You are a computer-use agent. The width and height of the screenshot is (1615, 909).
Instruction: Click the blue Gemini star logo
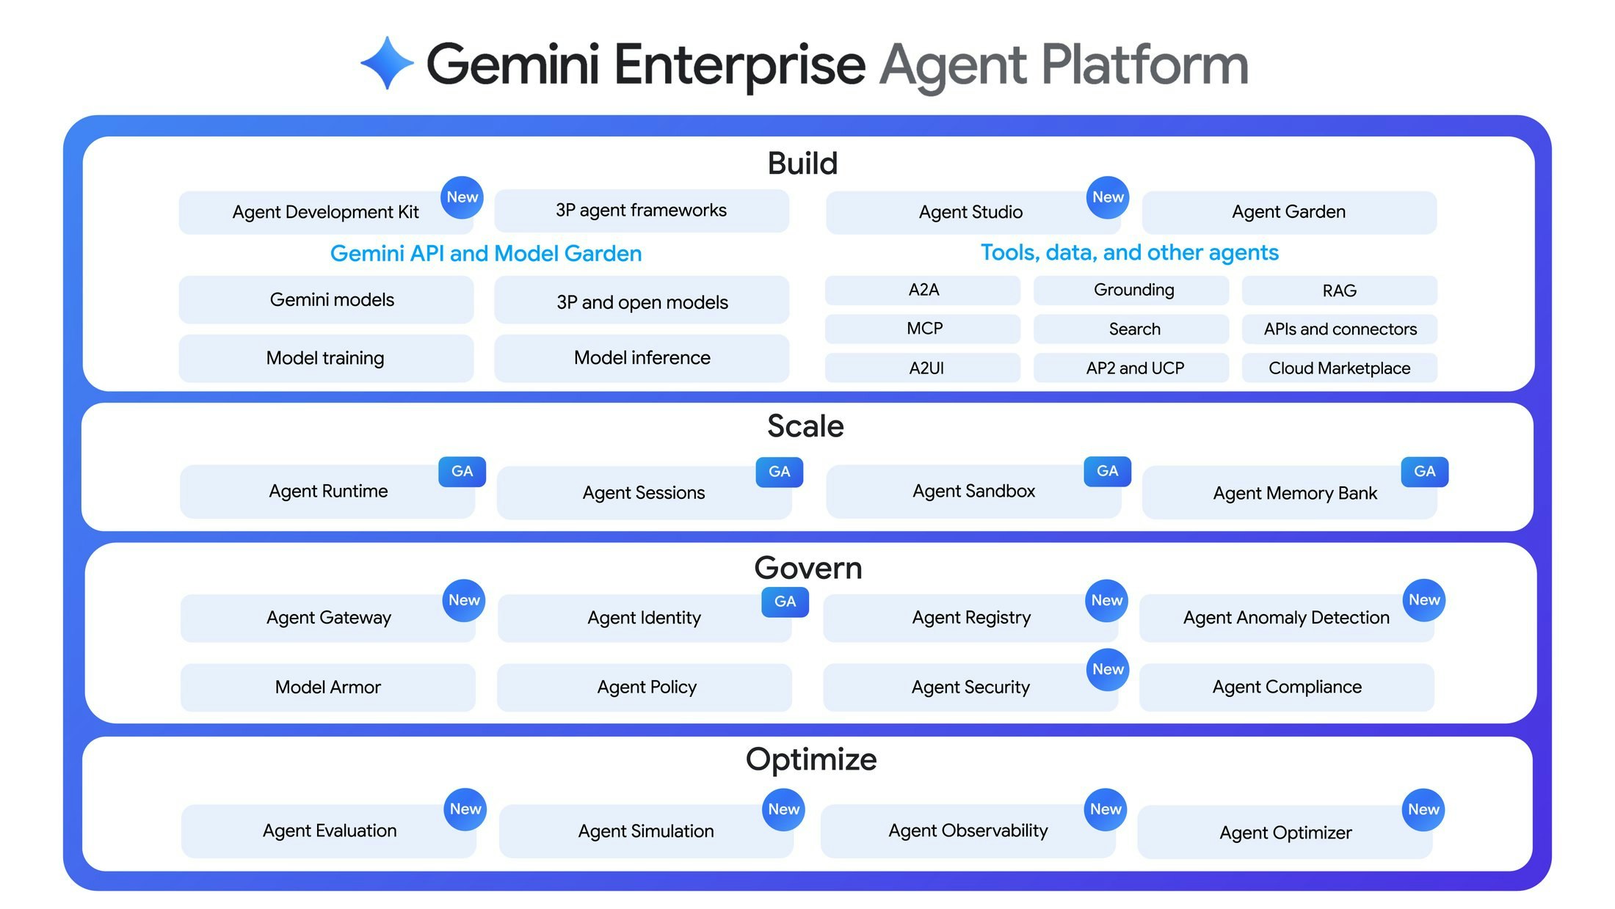pyautogui.click(x=387, y=63)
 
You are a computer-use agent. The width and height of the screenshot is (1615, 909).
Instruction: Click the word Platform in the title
pyautogui.click(x=1144, y=65)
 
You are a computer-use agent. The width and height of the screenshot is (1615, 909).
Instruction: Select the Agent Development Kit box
pyautogui.click(x=325, y=213)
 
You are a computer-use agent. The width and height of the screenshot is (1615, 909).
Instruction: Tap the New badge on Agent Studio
pyautogui.click(x=1107, y=197)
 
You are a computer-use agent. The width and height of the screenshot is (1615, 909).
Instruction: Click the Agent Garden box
pyautogui.click(x=1288, y=213)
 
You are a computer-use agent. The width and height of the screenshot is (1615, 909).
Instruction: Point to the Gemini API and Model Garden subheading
pyautogui.click(x=485, y=253)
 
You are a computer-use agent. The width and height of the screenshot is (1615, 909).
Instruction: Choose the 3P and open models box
pyautogui.click(x=642, y=301)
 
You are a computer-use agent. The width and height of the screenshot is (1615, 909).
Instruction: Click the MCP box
pyautogui.click(x=923, y=329)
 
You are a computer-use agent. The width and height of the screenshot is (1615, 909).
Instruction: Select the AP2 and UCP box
pyautogui.click(x=1134, y=368)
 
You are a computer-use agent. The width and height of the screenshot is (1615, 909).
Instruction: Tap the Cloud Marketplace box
pyautogui.click(x=1339, y=368)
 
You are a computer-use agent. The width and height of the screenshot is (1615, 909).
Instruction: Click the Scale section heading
pyautogui.click(x=805, y=426)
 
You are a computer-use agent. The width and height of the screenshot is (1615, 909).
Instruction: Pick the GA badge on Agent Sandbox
pyautogui.click(x=1107, y=471)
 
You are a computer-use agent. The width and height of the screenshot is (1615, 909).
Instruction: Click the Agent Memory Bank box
pyautogui.click(x=1293, y=493)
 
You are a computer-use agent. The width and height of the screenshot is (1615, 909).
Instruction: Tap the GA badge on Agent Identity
pyautogui.click(x=785, y=602)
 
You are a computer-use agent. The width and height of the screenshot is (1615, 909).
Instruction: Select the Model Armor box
pyautogui.click(x=327, y=687)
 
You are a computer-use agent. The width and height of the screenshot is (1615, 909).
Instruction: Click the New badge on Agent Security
pyautogui.click(x=1107, y=669)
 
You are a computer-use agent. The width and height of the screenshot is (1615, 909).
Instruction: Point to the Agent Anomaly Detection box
pyautogui.click(x=1285, y=618)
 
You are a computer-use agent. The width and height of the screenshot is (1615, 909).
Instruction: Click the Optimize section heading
pyautogui.click(x=810, y=759)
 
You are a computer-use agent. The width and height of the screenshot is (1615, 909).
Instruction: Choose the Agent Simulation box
pyautogui.click(x=645, y=831)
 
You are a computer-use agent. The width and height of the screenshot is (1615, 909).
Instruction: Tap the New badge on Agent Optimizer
pyautogui.click(x=1423, y=809)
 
